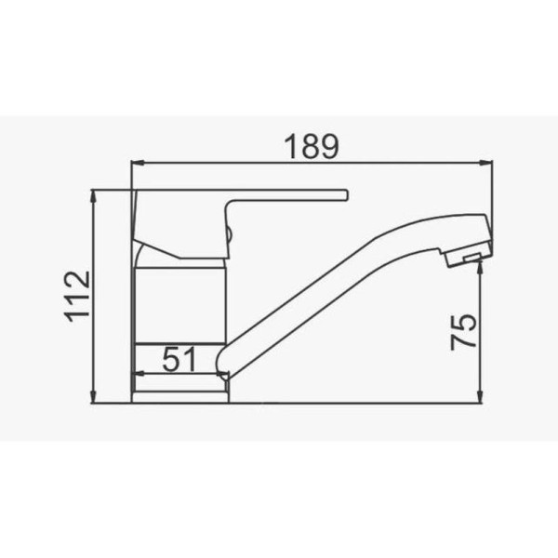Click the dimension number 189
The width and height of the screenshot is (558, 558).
[312, 146]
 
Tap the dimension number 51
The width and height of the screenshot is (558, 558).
[179, 359]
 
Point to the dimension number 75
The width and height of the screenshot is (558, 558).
[463, 332]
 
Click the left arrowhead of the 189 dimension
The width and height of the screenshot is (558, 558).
[138, 163]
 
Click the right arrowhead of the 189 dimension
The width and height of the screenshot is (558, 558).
[486, 163]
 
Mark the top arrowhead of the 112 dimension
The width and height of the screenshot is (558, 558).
[94, 196]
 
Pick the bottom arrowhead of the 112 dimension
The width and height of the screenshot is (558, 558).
[94, 397]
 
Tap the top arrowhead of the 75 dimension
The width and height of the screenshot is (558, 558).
[480, 267]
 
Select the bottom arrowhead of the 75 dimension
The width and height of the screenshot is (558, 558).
[480, 397]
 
